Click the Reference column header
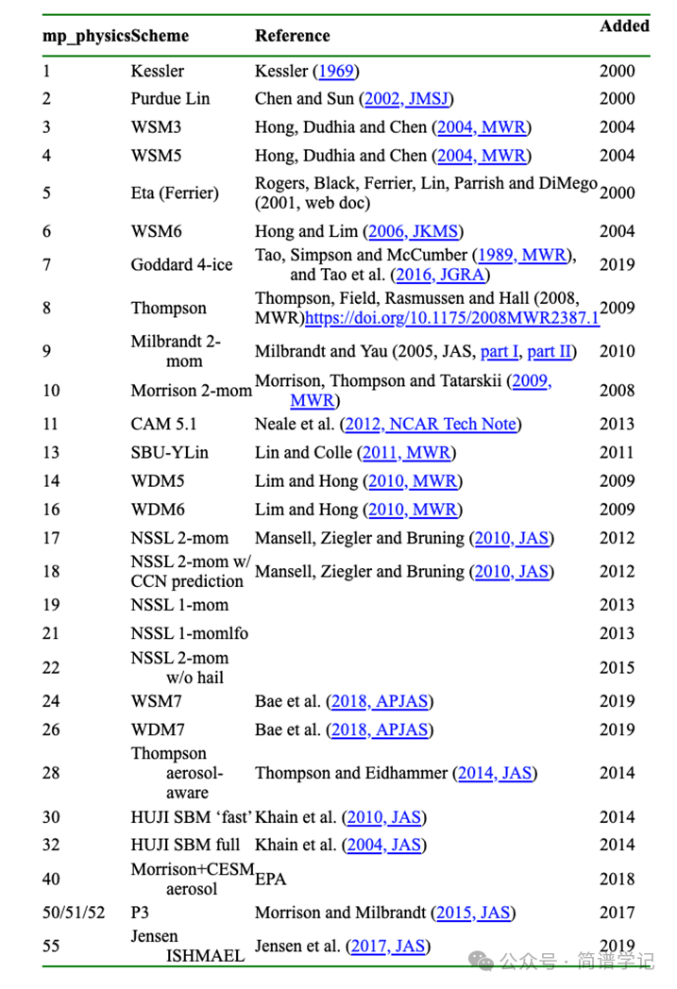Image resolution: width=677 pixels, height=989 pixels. [292, 36]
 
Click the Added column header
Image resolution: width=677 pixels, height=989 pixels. [624, 26]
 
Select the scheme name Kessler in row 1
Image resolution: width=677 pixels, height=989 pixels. [158, 71]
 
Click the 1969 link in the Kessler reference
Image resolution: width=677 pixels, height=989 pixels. [337, 71]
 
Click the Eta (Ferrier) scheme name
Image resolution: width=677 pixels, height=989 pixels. [175, 193]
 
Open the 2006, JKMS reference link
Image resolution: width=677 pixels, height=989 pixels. [414, 231]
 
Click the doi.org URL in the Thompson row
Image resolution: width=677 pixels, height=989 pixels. [451, 319]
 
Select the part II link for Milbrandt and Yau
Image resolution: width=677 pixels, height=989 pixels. [549, 351]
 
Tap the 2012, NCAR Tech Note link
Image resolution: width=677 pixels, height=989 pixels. [432, 425]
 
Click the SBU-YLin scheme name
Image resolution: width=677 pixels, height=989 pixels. [170, 453]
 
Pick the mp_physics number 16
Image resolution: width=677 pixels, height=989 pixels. [51, 510]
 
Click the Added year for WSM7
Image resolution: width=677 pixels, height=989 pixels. [618, 701]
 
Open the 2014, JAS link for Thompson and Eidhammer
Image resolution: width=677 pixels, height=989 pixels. [495, 773]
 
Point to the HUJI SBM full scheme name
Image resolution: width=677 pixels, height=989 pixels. [185, 845]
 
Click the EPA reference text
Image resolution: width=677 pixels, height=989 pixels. [270, 880]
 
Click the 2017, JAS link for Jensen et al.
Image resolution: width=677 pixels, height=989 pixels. [387, 946]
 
